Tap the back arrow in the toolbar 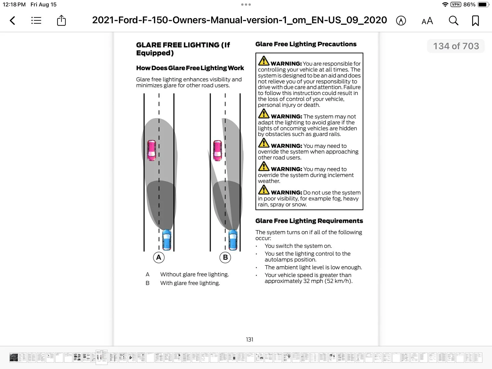pos(12,20)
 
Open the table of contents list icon pos(36,20)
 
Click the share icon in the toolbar pos(61,20)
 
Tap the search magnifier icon pos(453,20)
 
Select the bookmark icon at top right pos(475,20)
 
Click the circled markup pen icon pos(401,21)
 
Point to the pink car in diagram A pos(152,150)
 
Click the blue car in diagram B pos(233,240)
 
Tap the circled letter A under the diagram pos(159,257)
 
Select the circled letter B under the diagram pos(225,257)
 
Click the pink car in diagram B pos(218,150)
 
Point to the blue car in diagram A pos(167,240)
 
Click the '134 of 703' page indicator pos(456,46)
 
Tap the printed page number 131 pos(250,339)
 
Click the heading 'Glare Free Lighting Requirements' pos(309,221)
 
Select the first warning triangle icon pos(264,61)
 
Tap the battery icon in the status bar pos(483,5)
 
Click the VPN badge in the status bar pos(456,5)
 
